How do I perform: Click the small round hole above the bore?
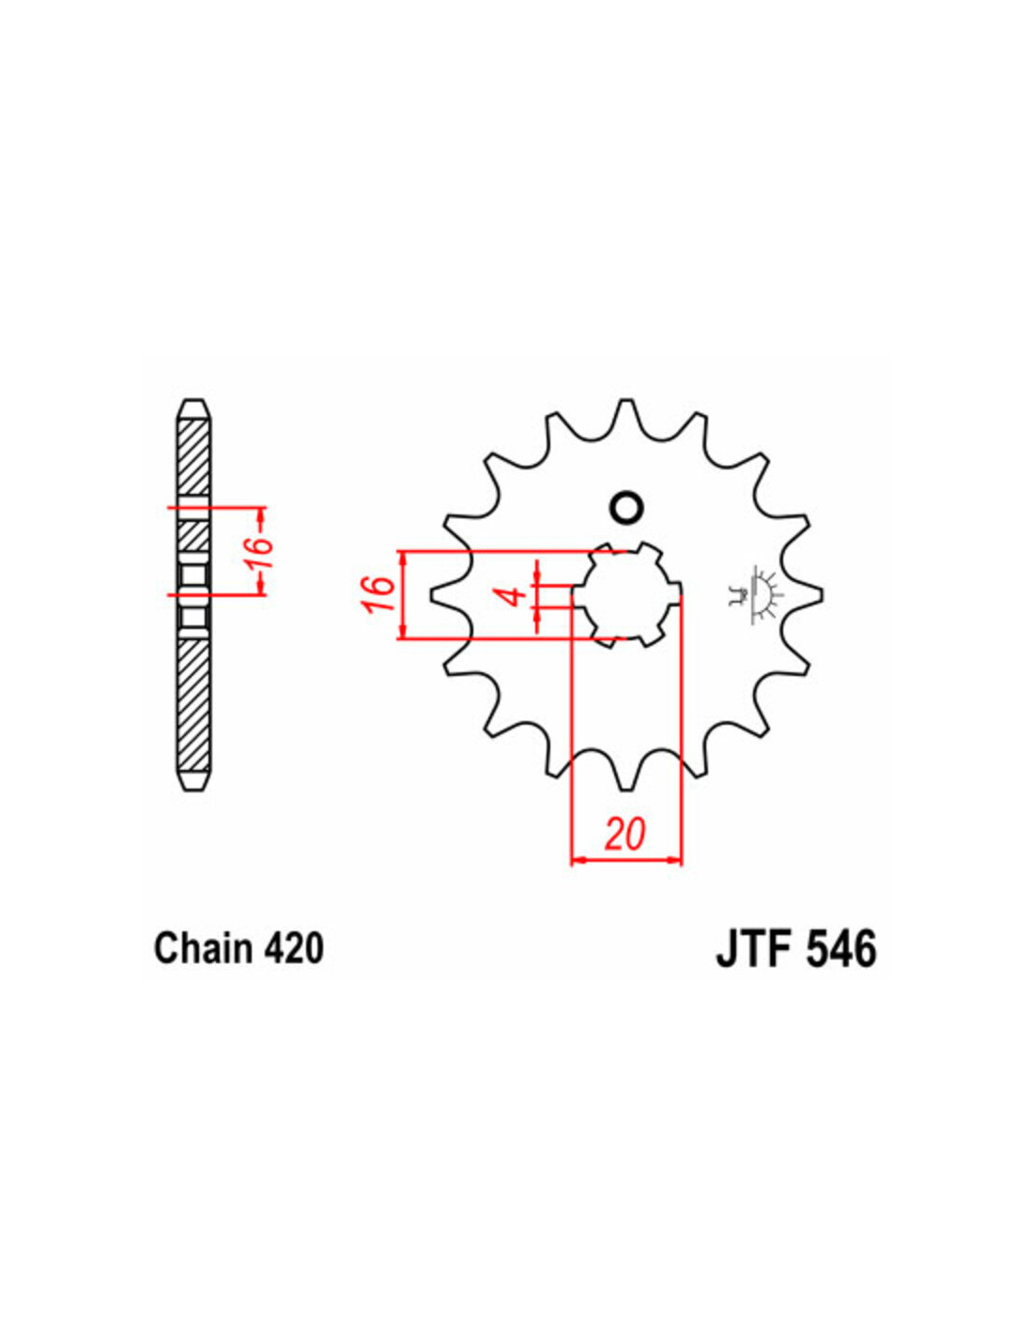click(x=625, y=508)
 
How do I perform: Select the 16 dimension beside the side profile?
click(x=260, y=552)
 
